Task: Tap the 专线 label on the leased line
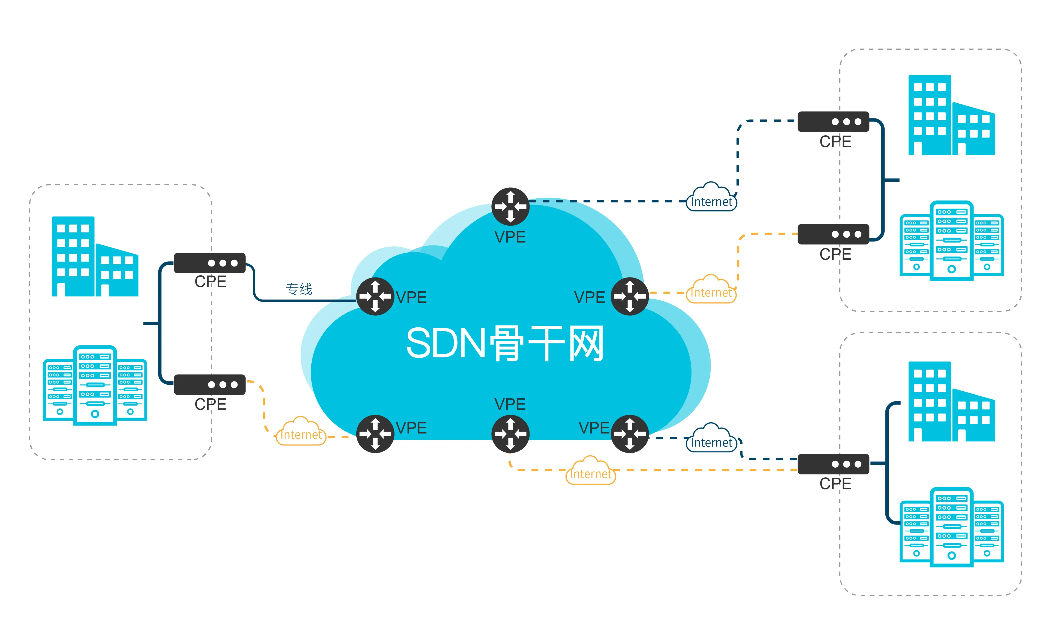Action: [299, 289]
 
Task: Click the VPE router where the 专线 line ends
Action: [375, 296]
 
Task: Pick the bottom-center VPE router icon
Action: [510, 433]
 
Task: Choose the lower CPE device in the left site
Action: [209, 384]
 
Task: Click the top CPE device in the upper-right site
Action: [833, 122]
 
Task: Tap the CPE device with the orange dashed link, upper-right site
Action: [833, 234]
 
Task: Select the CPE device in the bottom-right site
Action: [833, 464]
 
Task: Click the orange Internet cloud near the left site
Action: [301, 432]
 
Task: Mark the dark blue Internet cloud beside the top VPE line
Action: [711, 198]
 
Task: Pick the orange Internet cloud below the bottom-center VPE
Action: [590, 471]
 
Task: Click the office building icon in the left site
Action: [95, 257]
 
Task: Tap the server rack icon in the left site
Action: [95, 385]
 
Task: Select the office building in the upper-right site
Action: [951, 115]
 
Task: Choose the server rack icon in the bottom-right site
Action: [951, 527]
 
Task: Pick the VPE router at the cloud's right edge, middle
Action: [629, 296]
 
